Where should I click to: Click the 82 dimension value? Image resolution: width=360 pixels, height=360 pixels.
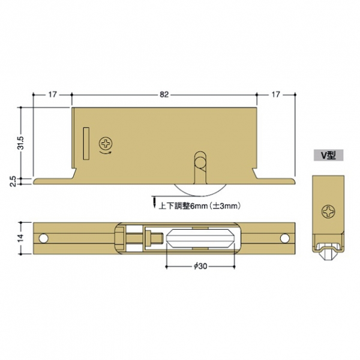pyautogui.click(x=164, y=94)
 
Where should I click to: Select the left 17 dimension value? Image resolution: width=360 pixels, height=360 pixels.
pyautogui.click(x=52, y=94)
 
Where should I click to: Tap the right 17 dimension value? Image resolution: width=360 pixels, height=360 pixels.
pyautogui.click(x=275, y=94)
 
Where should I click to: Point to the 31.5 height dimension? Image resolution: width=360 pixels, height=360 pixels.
pyautogui.click(x=21, y=143)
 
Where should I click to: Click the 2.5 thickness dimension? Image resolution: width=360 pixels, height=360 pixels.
pyautogui.click(x=14, y=181)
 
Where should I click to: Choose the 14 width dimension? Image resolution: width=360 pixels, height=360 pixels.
pyautogui.click(x=21, y=238)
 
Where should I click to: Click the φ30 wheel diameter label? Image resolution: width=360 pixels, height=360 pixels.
pyautogui.click(x=200, y=266)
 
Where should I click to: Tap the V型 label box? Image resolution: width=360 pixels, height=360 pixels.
pyautogui.click(x=328, y=155)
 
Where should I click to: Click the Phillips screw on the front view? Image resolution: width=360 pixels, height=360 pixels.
pyautogui.click(x=106, y=144)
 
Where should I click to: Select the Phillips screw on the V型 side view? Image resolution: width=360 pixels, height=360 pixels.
pyautogui.click(x=328, y=212)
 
